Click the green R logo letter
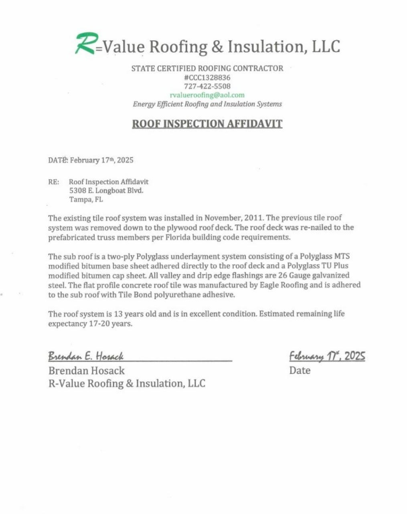85,43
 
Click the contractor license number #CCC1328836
207,78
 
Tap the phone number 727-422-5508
207,86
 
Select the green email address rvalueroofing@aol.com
207,95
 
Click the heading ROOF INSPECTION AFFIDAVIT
207,123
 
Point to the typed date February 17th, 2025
101,160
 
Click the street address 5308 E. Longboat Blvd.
106,191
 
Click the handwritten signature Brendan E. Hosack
86,356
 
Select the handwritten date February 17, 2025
327,356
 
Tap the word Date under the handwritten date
300,370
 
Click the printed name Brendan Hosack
86,371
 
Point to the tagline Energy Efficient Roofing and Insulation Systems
207,104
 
